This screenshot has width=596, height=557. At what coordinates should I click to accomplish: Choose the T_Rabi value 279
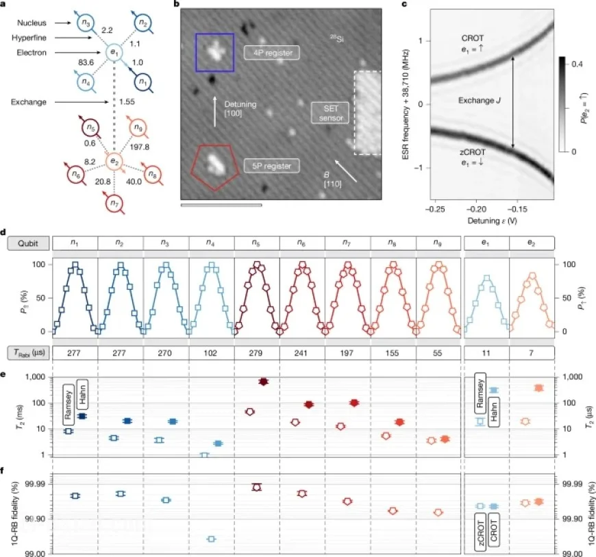tap(257, 354)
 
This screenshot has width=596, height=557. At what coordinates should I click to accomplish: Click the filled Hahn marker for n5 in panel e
tap(264, 381)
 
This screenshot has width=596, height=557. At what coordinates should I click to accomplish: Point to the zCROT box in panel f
tap(481, 532)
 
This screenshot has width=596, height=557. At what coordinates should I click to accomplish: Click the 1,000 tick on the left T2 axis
tap(36, 377)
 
